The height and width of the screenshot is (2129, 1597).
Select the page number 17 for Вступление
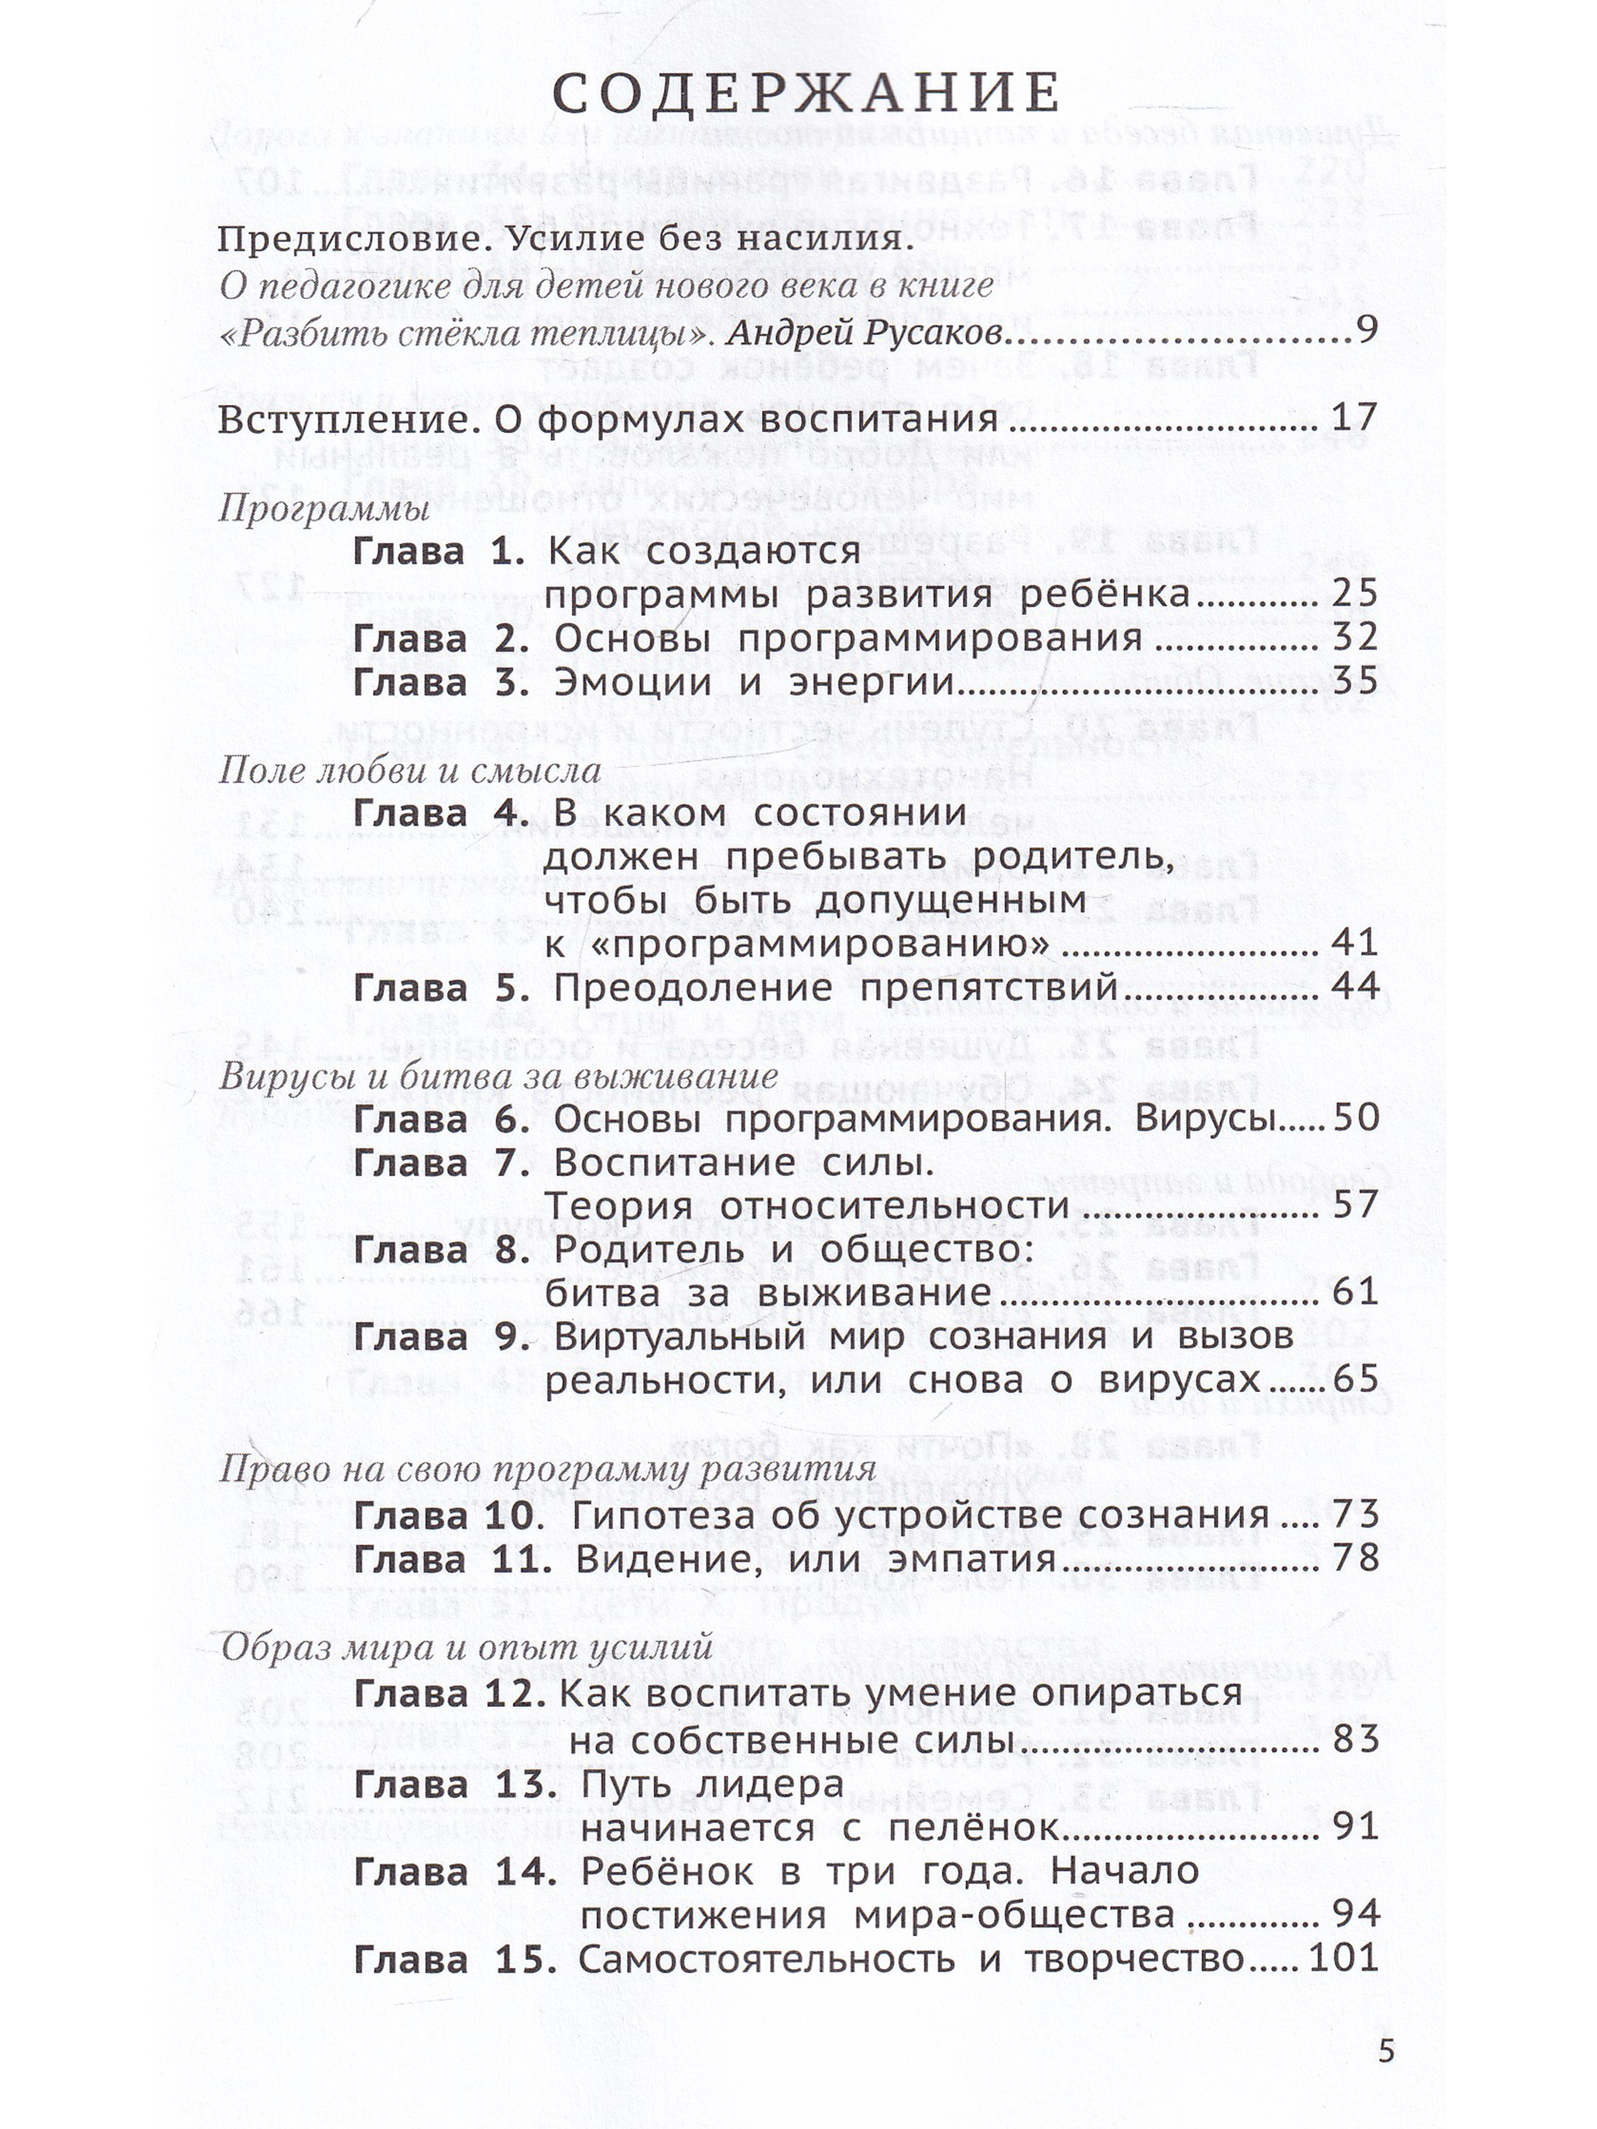coord(1354,419)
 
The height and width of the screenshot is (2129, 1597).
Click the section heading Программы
coord(324,509)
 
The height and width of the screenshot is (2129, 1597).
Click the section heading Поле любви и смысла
coord(409,770)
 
